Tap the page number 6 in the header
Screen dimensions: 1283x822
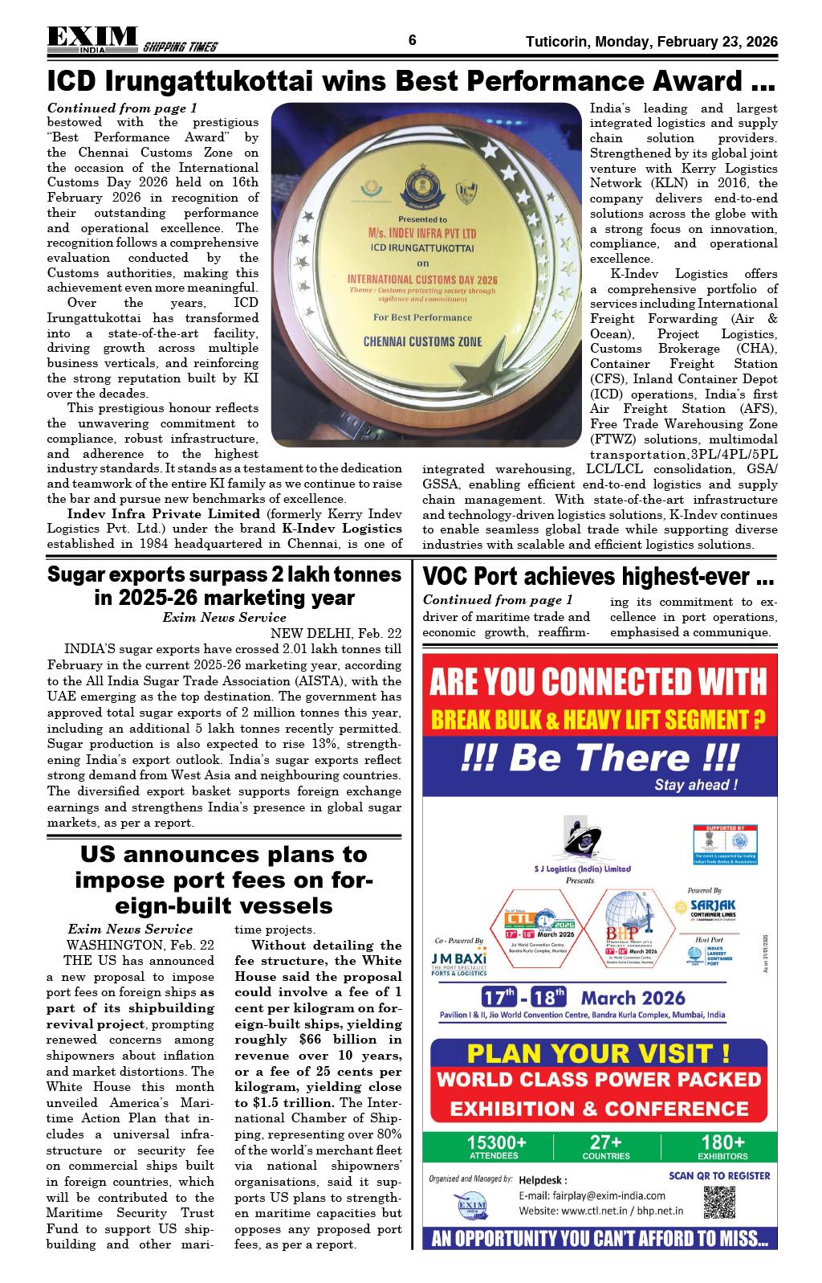click(412, 41)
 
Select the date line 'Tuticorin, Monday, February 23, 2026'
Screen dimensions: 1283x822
click(651, 42)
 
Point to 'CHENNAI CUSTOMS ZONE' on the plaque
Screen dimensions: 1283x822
click(423, 341)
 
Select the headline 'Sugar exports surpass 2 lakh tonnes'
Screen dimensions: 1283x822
click(224, 575)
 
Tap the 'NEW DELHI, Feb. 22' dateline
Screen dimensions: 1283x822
click(336, 633)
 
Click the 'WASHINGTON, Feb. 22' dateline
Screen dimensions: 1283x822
click(140, 945)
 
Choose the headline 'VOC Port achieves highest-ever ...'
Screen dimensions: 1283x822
click(598, 577)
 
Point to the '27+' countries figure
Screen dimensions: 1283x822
click(606, 1142)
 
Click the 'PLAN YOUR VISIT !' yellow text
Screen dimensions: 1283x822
click(599, 1052)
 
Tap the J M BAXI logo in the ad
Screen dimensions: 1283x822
click(458, 961)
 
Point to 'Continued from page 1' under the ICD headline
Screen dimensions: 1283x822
click(122, 108)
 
